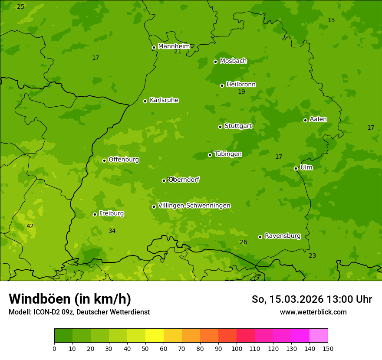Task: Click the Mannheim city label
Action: click(174, 46)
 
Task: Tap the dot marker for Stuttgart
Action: click(220, 127)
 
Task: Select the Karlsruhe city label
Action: click(164, 100)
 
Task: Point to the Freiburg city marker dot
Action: click(95, 214)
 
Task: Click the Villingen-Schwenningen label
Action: click(194, 206)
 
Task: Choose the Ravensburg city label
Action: click(282, 236)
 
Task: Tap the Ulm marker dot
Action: click(296, 168)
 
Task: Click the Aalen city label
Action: click(318, 119)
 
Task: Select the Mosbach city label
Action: click(233, 61)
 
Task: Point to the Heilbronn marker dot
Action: click(222, 85)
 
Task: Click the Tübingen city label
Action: click(227, 154)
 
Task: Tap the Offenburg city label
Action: click(123, 160)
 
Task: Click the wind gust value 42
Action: click(30, 226)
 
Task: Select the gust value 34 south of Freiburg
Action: click(112, 231)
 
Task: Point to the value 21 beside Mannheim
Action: click(178, 52)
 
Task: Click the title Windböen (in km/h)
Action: click(70, 299)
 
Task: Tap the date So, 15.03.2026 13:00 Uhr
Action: click(312, 299)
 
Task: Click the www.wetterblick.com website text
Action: click(313, 312)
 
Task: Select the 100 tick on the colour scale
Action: click(237, 348)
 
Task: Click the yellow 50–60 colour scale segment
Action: click(155, 336)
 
